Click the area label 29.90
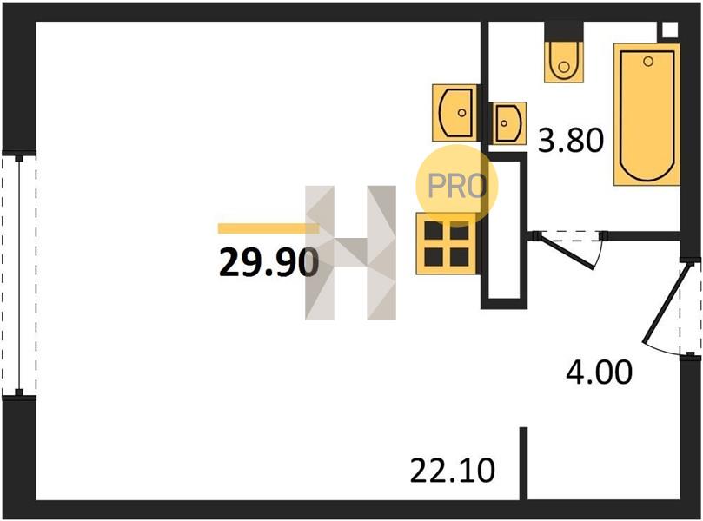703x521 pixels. (269, 263)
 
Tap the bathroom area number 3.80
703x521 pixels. (571, 140)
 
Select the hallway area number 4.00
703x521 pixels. (599, 372)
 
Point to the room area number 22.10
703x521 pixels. (453, 471)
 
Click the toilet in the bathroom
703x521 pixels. (564, 62)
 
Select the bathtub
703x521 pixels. (647, 115)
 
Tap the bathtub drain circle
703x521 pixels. (648, 62)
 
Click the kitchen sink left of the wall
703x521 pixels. (454, 112)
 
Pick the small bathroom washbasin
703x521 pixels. (508, 123)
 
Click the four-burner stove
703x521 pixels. (447, 244)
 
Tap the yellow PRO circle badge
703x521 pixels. (457, 185)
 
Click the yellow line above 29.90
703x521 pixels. (269, 228)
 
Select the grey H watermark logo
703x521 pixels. (350, 253)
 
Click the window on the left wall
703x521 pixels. (19, 275)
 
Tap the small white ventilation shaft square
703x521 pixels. (669, 30)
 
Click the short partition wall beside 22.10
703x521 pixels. (523, 463)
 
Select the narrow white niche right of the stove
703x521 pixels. (503, 230)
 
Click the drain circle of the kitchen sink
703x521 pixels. (461, 113)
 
